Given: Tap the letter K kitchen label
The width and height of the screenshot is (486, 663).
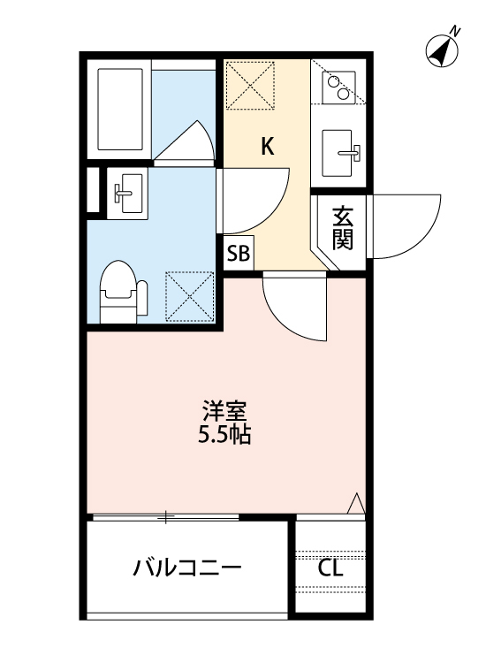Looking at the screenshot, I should (267, 147).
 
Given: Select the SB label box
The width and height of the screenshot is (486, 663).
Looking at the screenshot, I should (239, 255).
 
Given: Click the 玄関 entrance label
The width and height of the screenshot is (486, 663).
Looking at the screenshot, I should (343, 229).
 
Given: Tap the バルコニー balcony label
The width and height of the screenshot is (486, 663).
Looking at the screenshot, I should (186, 568).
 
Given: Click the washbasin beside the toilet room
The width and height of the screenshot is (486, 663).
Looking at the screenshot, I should (127, 191).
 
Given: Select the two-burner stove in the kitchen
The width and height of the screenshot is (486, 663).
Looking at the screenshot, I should (338, 87).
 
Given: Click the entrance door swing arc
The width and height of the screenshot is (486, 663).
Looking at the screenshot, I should (406, 225).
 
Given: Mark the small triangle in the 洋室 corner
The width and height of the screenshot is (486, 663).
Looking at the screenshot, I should (356, 503).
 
